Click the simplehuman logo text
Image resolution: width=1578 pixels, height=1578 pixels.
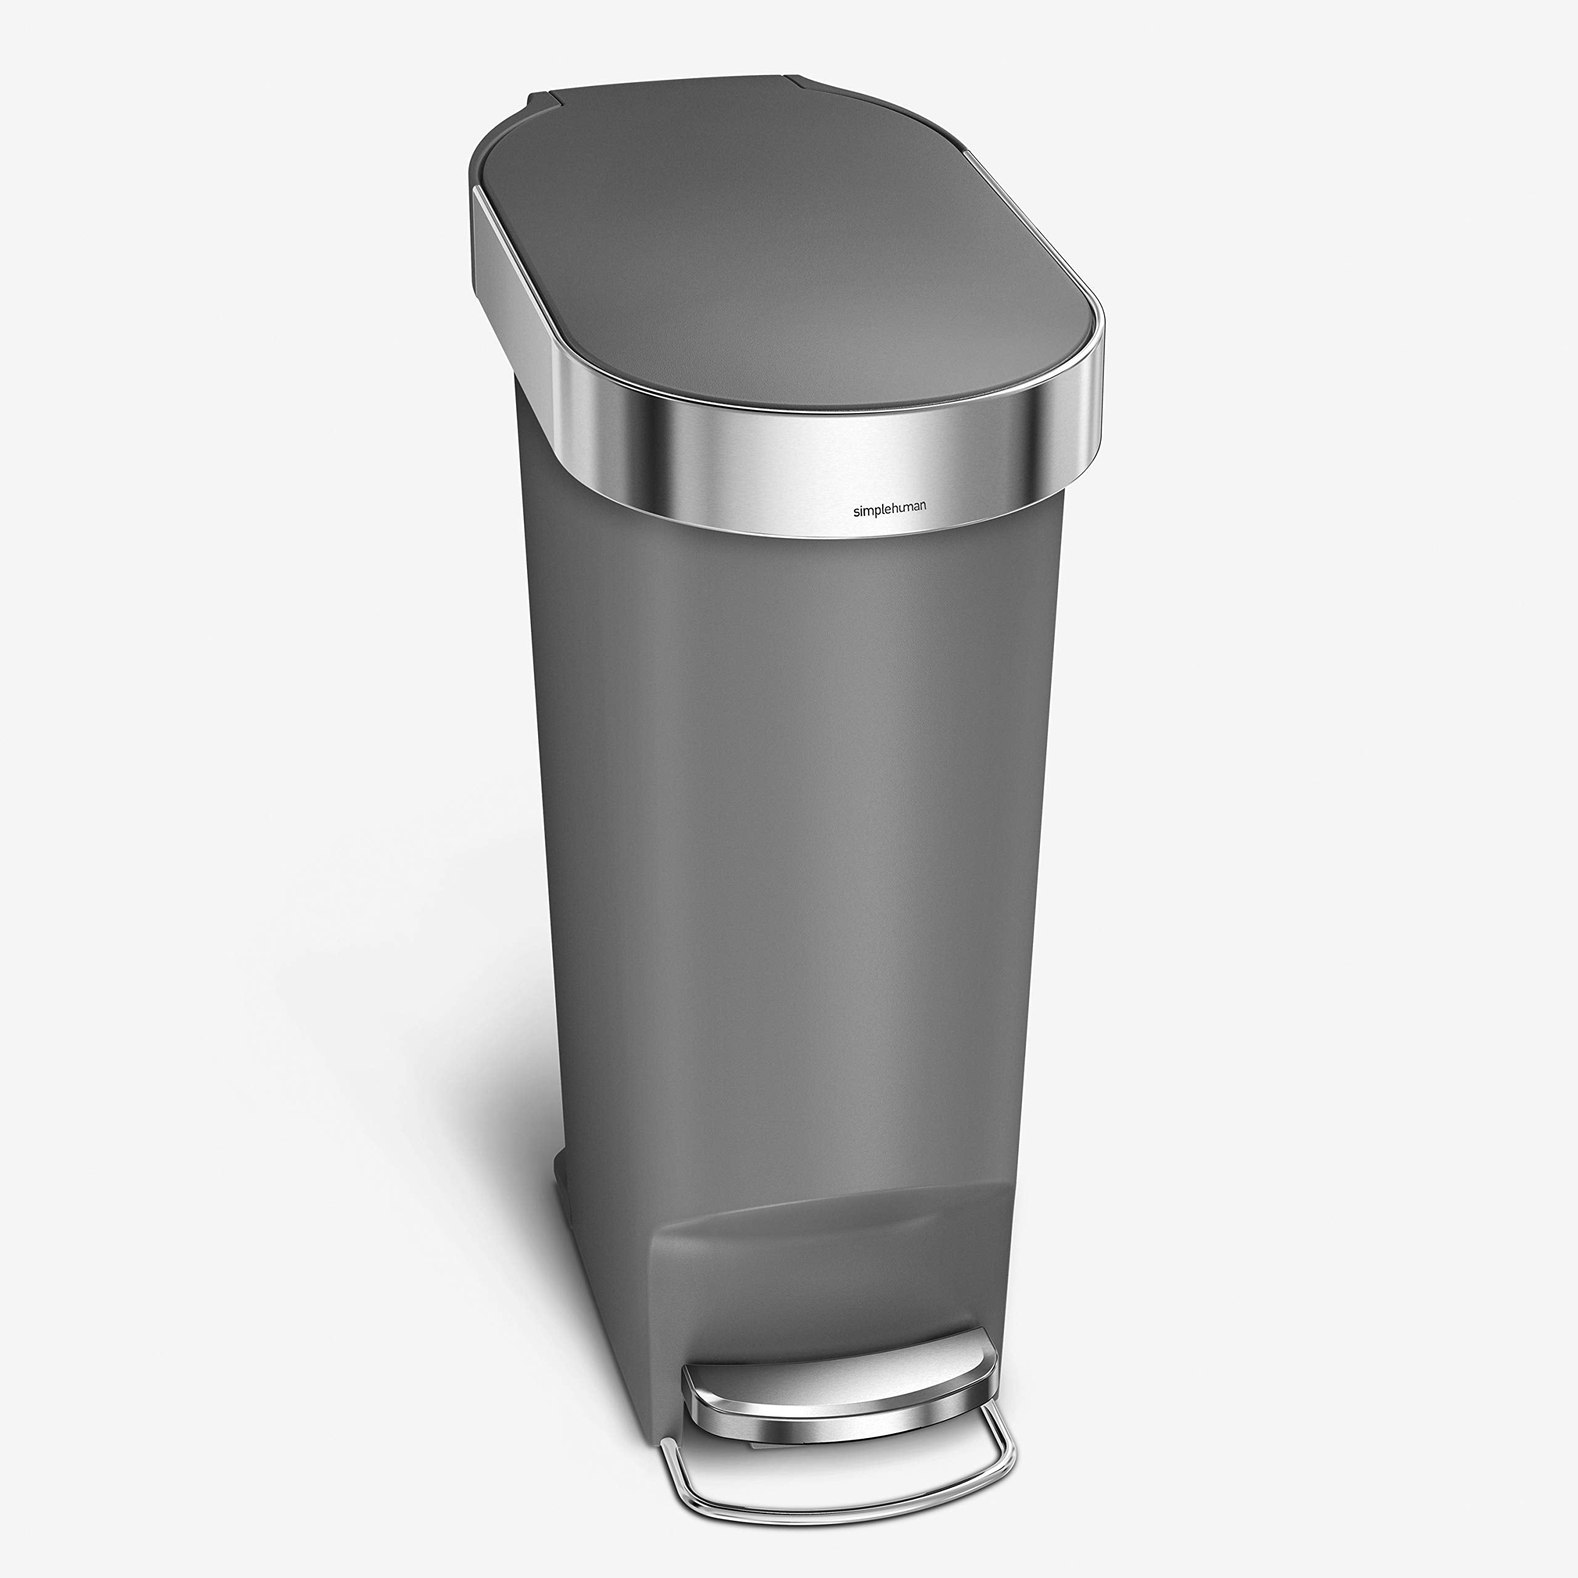(x=889, y=510)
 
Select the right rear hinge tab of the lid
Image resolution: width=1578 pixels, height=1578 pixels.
(x=809, y=80)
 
